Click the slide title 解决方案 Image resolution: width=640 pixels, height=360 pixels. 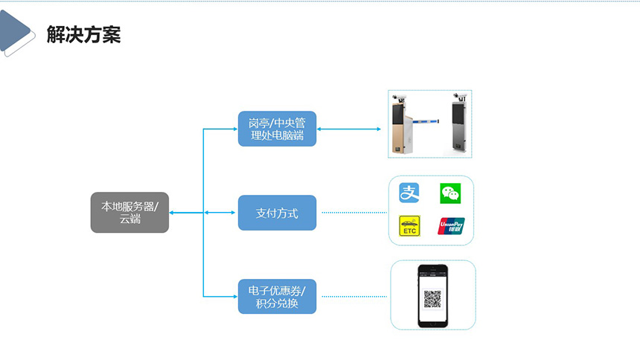tap(83, 34)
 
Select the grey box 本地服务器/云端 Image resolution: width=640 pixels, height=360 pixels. tap(129, 212)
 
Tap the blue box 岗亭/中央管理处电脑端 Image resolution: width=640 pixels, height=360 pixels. tap(277, 129)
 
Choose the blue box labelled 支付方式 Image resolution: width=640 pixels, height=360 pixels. tap(277, 213)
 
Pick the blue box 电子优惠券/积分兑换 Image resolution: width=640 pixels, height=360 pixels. tap(277, 296)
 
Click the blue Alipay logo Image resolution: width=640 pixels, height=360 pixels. tap(410, 193)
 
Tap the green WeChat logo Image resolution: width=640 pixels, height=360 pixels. tap(450, 193)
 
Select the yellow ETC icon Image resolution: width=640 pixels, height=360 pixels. tap(410, 226)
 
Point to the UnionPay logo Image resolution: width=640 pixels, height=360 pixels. tap(451, 226)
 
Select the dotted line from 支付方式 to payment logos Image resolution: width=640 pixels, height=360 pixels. tap(353, 213)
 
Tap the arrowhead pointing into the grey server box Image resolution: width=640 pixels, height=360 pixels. tap(172, 213)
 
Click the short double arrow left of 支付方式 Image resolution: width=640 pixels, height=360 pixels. tap(220, 213)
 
